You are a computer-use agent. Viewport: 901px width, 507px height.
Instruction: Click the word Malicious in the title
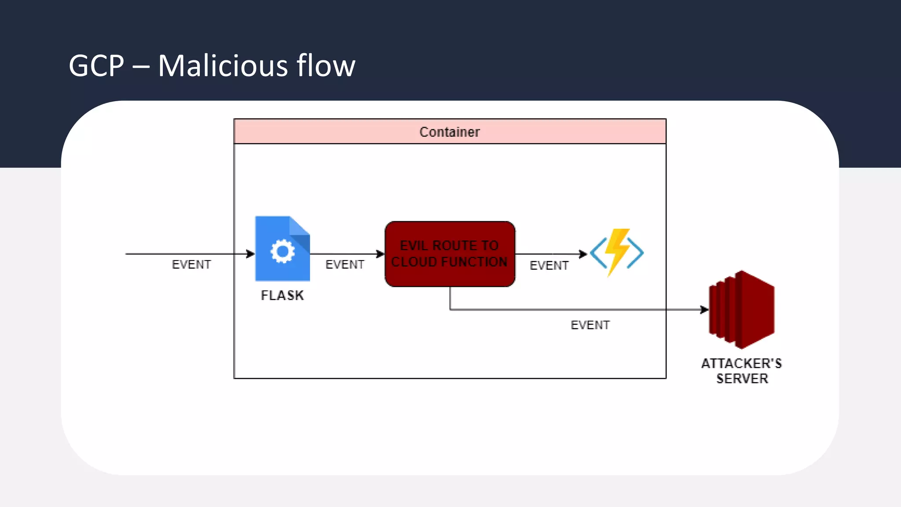[x=223, y=66]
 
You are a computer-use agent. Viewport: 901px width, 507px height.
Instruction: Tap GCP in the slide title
[x=96, y=66]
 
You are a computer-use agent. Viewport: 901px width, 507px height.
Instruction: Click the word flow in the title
[x=326, y=66]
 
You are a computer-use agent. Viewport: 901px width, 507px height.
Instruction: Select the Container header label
[x=449, y=132]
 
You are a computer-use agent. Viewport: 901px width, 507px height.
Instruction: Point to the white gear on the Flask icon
[x=282, y=251]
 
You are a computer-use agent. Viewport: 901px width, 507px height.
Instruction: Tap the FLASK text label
[x=282, y=295]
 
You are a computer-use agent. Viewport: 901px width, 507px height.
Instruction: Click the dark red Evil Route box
[x=450, y=254]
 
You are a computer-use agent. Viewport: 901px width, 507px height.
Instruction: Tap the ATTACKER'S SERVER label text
[x=742, y=371]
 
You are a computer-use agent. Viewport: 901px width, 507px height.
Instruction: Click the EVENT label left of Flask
[x=191, y=265]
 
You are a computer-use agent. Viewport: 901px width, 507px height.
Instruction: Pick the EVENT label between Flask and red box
[x=344, y=265]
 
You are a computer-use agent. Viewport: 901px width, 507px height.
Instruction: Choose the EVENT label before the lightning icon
[x=549, y=265]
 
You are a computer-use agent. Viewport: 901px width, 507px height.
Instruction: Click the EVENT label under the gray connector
[x=590, y=325]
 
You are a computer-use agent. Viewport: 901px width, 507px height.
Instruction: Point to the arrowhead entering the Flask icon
[x=251, y=254]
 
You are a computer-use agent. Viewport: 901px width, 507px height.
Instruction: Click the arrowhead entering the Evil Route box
[x=381, y=254]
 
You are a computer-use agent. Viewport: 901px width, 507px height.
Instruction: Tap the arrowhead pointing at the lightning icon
[x=583, y=254]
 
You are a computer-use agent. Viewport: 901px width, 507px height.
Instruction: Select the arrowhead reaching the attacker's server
[x=704, y=310]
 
